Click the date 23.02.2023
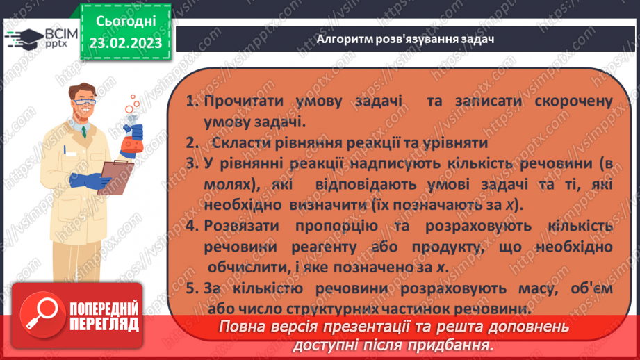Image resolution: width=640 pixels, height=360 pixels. tap(126, 43)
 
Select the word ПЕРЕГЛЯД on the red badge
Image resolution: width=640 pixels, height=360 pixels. tap(104, 324)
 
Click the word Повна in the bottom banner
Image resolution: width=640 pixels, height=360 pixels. tap(241, 327)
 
